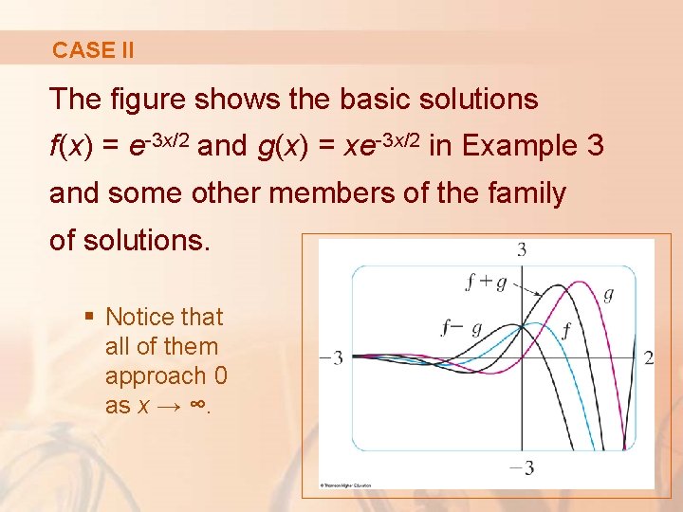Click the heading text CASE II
click(93, 50)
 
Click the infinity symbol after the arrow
click(197, 405)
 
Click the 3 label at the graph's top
click(521, 250)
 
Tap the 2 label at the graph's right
click(649, 357)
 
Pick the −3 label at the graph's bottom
click(521, 467)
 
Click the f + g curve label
click(486, 281)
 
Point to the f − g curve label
click(462, 328)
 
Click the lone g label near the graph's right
click(608, 294)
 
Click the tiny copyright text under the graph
click(345, 485)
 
